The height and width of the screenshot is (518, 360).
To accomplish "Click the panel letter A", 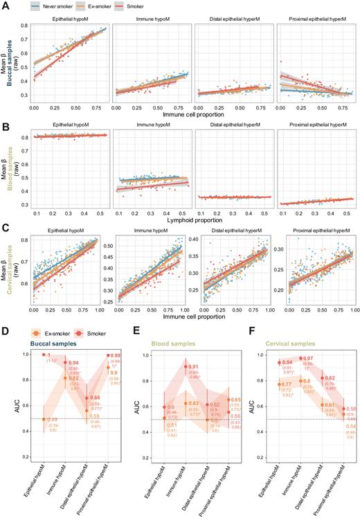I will tap(4, 5).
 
